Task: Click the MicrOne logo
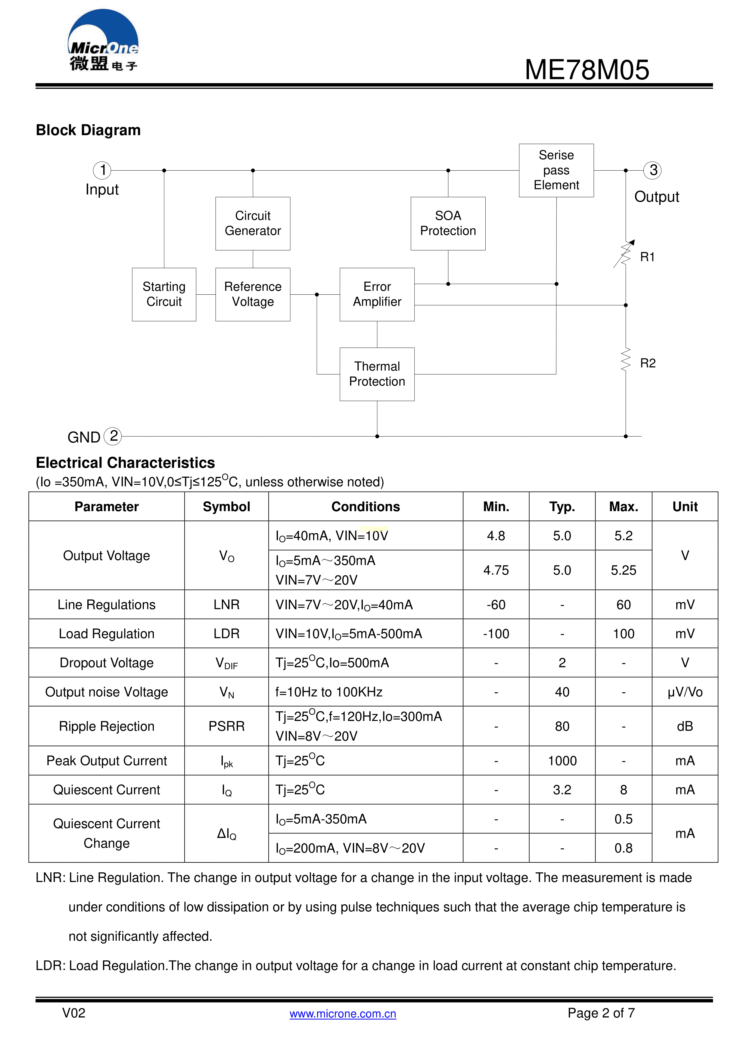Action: tap(103, 42)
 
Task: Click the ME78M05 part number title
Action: tap(587, 70)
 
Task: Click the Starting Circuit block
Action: tap(164, 294)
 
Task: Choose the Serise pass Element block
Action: tap(556, 170)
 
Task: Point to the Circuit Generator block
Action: tap(253, 224)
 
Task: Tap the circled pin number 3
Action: tap(653, 170)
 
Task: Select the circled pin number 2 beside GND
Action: tap(113, 436)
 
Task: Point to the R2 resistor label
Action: tap(648, 363)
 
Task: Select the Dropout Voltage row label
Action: tap(107, 663)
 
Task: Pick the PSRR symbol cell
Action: tap(226, 726)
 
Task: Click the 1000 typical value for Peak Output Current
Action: tap(562, 761)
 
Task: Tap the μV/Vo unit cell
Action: tap(685, 692)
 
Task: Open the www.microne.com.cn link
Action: tap(343, 1014)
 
